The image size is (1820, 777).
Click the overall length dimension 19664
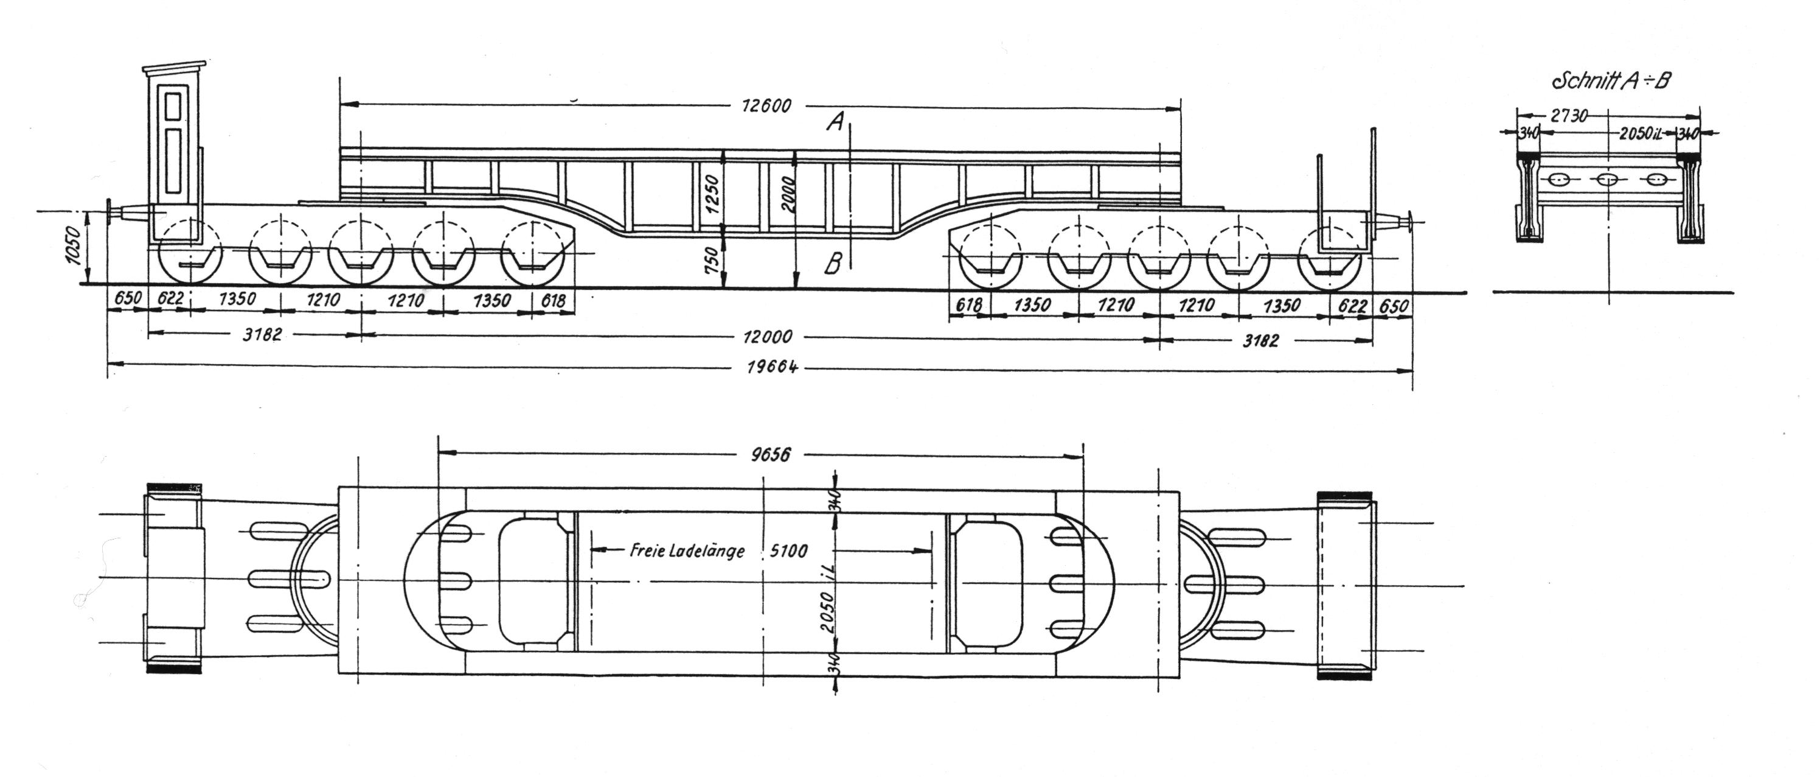click(773, 368)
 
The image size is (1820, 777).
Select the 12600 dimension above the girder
click(766, 106)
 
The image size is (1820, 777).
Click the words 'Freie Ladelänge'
click(687, 550)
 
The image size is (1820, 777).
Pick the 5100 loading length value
click(788, 550)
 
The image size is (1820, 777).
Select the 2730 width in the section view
click(1569, 115)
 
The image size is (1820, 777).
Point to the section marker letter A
click(835, 122)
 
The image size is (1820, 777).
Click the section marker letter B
click(834, 265)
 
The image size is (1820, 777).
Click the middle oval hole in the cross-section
click(1606, 180)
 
